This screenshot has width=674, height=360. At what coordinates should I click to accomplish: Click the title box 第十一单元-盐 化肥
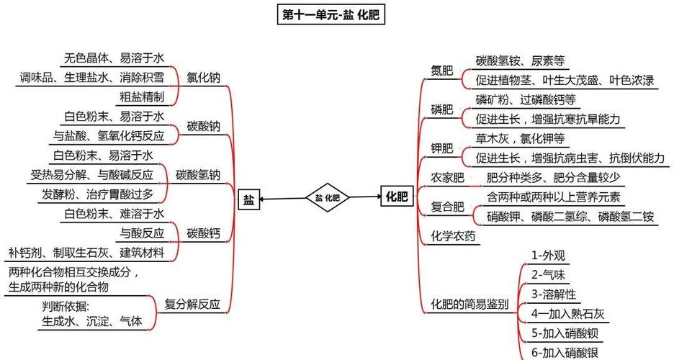[x=331, y=15]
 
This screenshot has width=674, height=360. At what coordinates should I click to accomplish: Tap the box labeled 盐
[x=248, y=199]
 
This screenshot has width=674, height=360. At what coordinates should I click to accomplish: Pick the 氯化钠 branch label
[x=203, y=77]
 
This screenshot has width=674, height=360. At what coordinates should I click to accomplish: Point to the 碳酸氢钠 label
[x=198, y=174]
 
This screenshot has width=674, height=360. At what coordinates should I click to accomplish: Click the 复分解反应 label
[x=192, y=303]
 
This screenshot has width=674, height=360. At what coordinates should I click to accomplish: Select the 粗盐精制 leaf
[x=141, y=96]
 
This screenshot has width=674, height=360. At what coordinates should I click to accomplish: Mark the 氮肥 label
[x=441, y=70]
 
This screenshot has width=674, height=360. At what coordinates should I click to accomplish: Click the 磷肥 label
[x=441, y=109]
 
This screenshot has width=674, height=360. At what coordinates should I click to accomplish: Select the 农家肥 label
[x=447, y=177]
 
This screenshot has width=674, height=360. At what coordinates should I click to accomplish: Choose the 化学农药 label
[x=453, y=235]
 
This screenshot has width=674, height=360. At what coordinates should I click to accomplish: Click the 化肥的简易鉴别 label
[x=469, y=304]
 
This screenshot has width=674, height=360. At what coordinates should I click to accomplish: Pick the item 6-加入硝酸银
[x=565, y=352]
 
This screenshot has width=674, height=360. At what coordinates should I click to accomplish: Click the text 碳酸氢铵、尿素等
[x=519, y=60]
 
